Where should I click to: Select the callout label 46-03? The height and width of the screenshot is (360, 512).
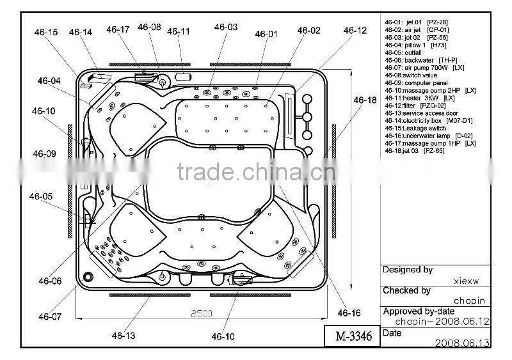(x=225, y=27)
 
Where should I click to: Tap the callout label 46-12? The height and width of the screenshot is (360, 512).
(x=355, y=31)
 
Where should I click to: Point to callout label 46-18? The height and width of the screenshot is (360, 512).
(x=365, y=100)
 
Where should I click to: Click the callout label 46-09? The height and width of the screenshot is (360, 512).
(x=44, y=153)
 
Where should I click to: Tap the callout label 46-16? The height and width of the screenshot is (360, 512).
(x=349, y=313)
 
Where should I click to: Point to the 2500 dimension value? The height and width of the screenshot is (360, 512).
(x=203, y=313)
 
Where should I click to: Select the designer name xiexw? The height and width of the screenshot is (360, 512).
(x=466, y=280)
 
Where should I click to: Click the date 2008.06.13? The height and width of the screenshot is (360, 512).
(x=462, y=343)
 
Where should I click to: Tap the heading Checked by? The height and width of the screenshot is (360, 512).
(x=406, y=290)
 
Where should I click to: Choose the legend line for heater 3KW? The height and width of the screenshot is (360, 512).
(x=420, y=98)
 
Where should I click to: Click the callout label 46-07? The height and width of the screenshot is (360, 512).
(x=49, y=316)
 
